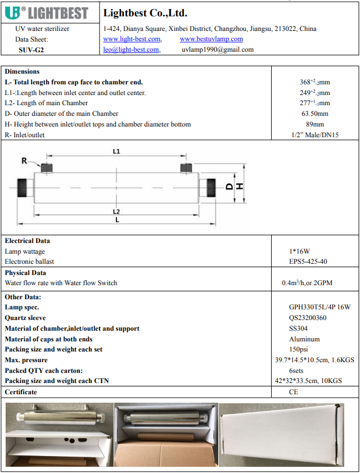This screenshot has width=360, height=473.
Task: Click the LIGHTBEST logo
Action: tap(49, 12)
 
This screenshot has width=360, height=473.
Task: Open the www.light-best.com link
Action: tap(132, 39)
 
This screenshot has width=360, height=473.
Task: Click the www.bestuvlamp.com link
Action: tap(211, 39)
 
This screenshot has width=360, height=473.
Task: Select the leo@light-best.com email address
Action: tap(131, 49)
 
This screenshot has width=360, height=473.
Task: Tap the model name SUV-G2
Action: tap(31, 49)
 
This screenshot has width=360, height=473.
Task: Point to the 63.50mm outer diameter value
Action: tap(314, 114)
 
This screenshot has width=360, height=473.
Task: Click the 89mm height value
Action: tap(314, 124)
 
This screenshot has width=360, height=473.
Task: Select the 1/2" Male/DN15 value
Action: tap(314, 135)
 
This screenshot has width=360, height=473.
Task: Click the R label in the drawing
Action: tap(24, 161)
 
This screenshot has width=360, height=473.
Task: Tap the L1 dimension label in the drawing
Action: tap(116, 151)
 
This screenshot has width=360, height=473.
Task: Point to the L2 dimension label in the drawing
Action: tap(116, 211)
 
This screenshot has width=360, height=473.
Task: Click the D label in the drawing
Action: tap(229, 186)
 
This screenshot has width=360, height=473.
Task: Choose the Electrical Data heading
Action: tap(27, 241)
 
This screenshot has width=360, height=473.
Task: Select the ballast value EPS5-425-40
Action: tap(308, 262)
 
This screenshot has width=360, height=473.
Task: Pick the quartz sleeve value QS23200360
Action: tap(308, 318)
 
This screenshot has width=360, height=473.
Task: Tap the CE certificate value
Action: tap(293, 392)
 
